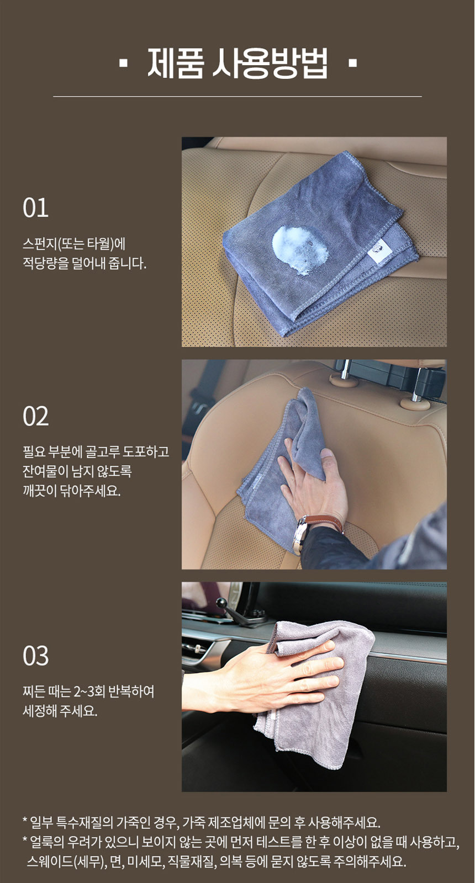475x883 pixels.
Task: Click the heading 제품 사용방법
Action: pyautogui.click(x=237, y=63)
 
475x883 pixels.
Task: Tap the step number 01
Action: pyautogui.click(x=35, y=208)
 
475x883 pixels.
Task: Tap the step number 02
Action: pyautogui.click(x=35, y=416)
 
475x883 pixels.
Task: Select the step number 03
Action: pyautogui.click(x=35, y=656)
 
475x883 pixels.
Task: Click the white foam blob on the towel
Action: pyautogui.click(x=300, y=250)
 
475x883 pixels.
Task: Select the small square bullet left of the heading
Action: pyautogui.click(x=124, y=63)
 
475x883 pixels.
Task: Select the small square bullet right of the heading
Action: pyautogui.click(x=353, y=63)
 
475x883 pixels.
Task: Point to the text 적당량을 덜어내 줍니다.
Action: pyautogui.click(x=85, y=263)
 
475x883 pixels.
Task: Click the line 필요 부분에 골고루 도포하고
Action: pyautogui.click(x=96, y=451)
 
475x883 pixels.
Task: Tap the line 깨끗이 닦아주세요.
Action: pyautogui.click(x=71, y=491)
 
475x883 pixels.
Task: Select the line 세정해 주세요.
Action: pyautogui.click(x=60, y=711)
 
